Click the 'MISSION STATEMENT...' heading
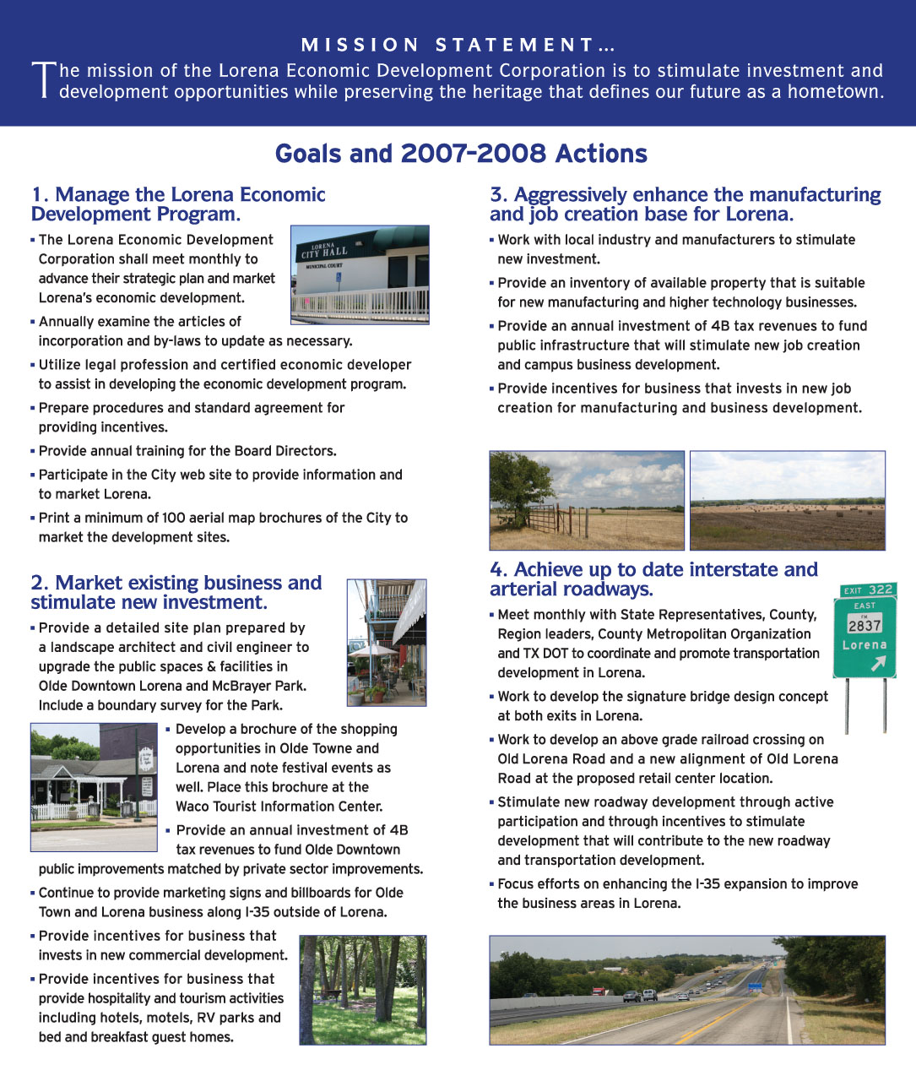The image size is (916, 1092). pyautogui.click(x=458, y=45)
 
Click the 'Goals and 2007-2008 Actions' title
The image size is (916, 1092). pyautogui.click(x=461, y=154)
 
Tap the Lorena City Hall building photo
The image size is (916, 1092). pyautogui.click(x=360, y=274)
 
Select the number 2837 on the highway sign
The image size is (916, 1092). pyautogui.click(x=865, y=626)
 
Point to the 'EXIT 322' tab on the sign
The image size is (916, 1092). pyautogui.click(x=868, y=589)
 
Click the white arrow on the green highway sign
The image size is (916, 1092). pyautogui.click(x=878, y=665)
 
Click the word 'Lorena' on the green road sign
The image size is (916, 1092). pyautogui.click(x=865, y=645)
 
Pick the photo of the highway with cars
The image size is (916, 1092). pyautogui.click(x=687, y=990)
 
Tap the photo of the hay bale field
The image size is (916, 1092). pyautogui.click(x=787, y=500)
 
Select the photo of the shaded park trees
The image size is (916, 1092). pyautogui.click(x=363, y=990)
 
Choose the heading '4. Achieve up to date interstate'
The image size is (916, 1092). pyautogui.click(x=653, y=570)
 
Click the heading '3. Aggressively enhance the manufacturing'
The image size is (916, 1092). pyautogui.click(x=685, y=195)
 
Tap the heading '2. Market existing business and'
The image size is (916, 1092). pyautogui.click(x=176, y=583)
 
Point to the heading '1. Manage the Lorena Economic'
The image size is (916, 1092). pyautogui.click(x=178, y=195)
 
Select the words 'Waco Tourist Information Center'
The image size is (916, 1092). pyautogui.click(x=279, y=807)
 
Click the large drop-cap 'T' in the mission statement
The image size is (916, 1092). pyautogui.click(x=43, y=80)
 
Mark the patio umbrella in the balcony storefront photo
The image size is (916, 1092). pyautogui.click(x=372, y=651)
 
